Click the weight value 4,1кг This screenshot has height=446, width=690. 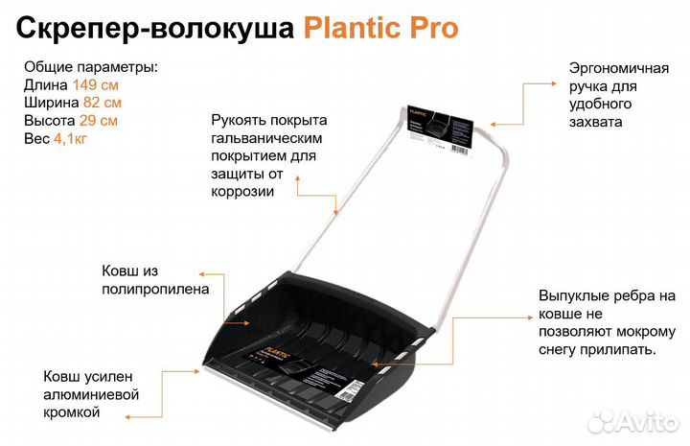pyautogui.click(x=71, y=139)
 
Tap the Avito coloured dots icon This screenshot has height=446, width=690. pyautogui.click(x=601, y=419)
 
